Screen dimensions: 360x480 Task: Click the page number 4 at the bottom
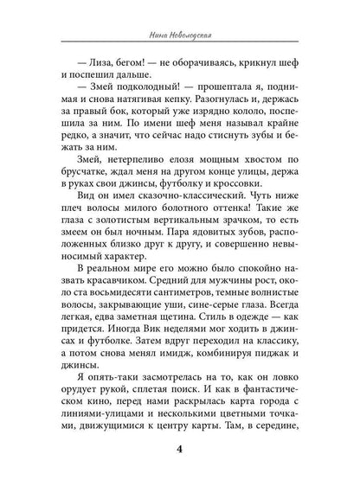point(180,449)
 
